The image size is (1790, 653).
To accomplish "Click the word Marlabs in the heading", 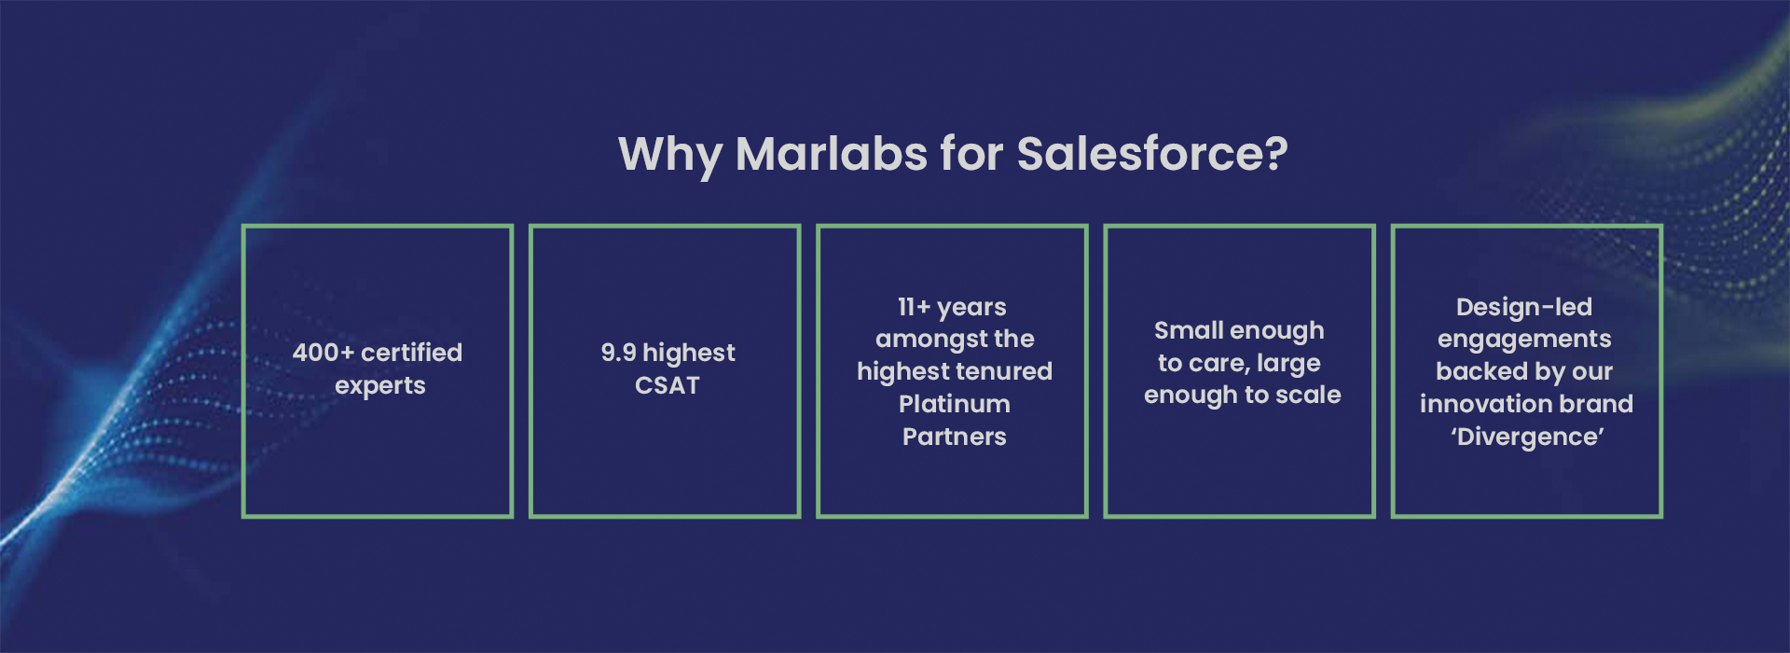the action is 832,153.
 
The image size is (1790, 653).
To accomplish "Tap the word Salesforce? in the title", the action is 1152,153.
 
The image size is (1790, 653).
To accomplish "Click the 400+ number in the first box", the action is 323,353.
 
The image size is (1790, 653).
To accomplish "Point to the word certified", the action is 411,353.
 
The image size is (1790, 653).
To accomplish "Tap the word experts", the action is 380,386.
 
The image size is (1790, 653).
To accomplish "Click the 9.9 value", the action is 618,353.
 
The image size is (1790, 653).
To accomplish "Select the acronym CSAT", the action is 668,385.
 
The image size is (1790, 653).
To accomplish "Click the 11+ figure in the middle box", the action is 915,307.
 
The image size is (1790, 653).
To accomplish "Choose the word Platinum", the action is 955,404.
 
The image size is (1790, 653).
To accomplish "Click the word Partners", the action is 955,437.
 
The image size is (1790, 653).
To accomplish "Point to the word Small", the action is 1184,330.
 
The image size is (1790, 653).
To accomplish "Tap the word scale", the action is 1308,395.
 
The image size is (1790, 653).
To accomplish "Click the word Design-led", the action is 1524,307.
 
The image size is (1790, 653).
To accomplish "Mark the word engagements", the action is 1524,340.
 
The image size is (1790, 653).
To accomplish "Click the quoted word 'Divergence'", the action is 1527,438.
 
